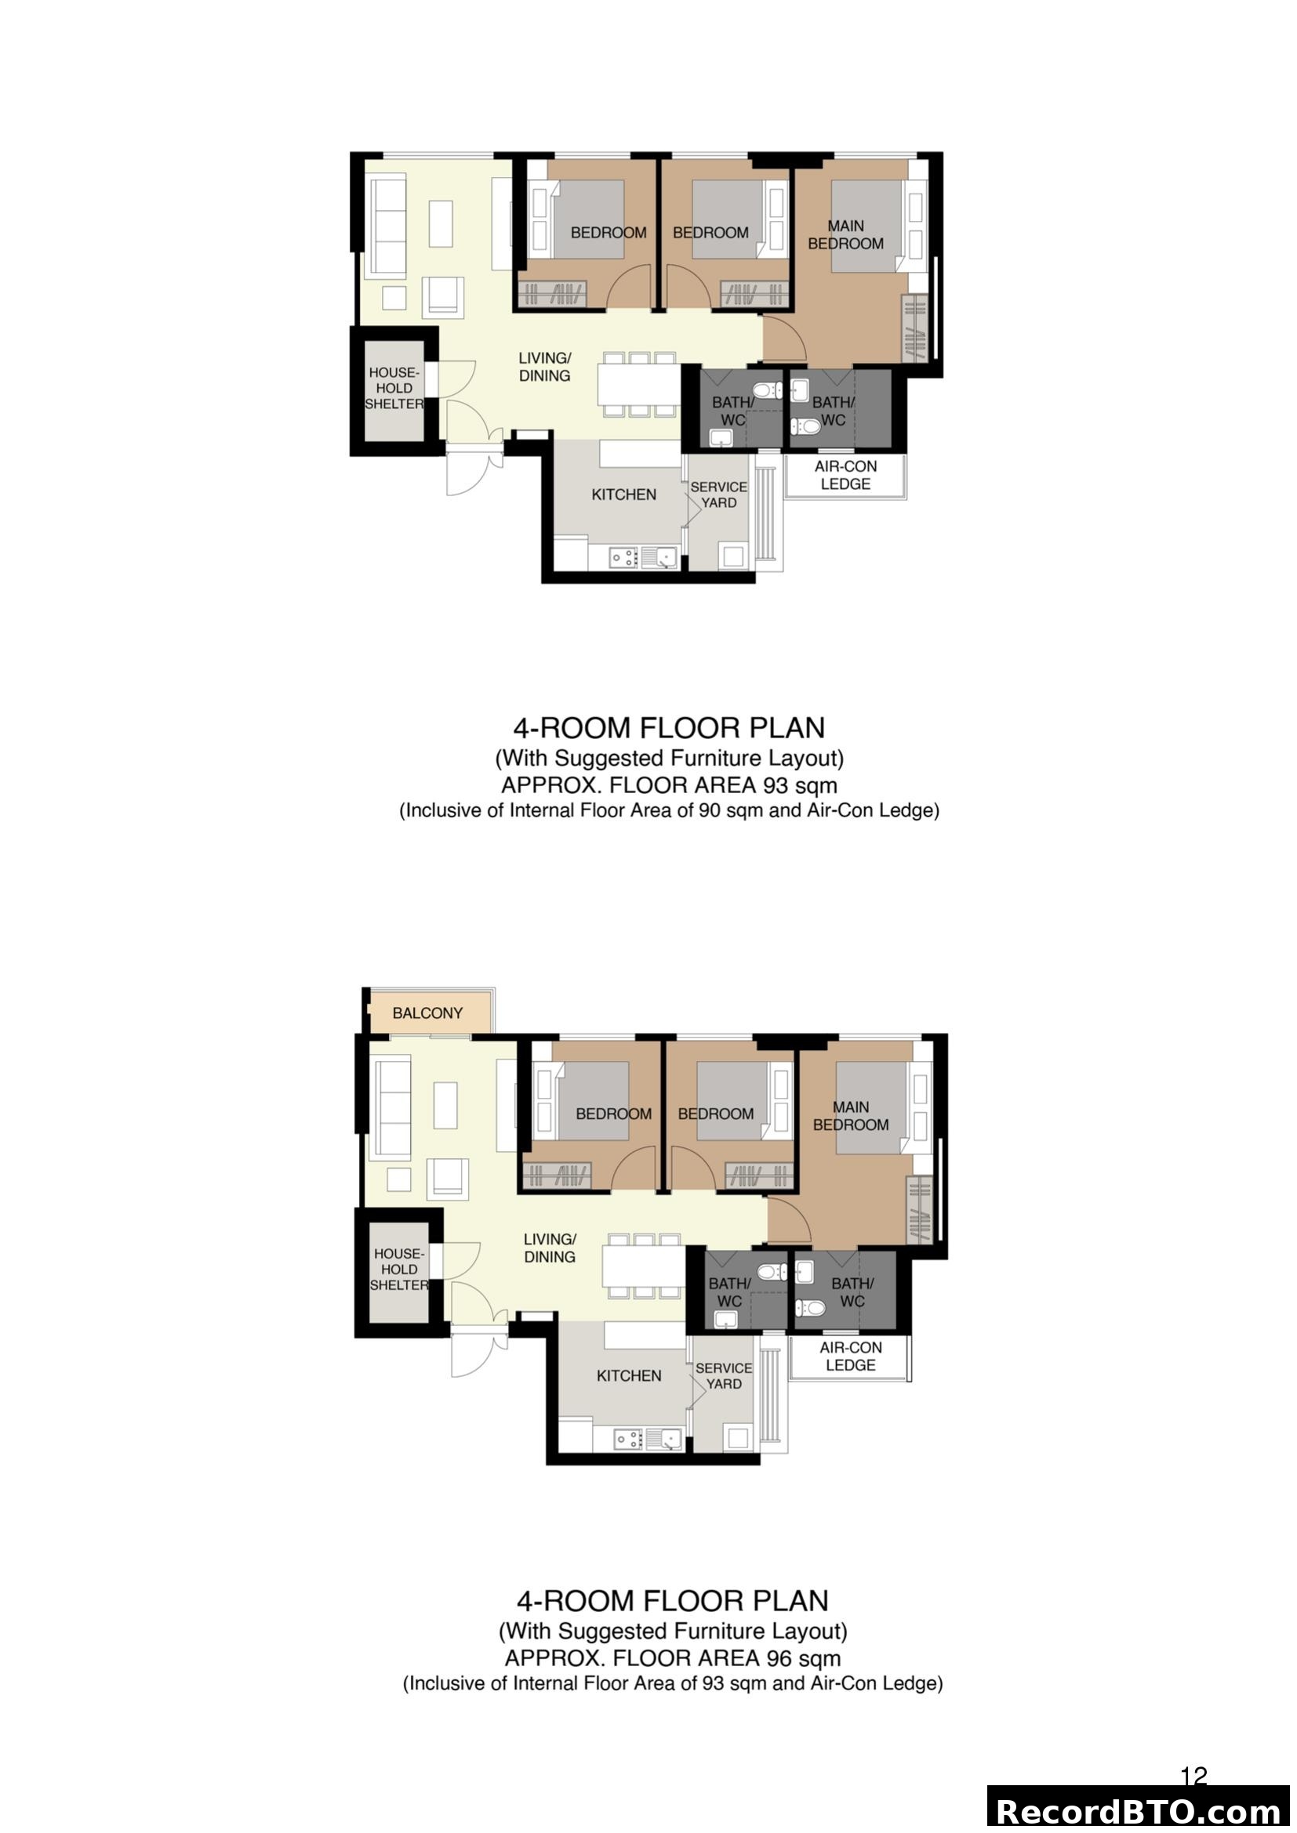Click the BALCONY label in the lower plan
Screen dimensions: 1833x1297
[x=427, y=1013]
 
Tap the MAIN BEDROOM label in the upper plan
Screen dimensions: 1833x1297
[x=845, y=235]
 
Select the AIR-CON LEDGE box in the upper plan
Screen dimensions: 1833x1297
[x=845, y=476]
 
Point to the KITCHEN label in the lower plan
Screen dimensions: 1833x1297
[x=629, y=1375]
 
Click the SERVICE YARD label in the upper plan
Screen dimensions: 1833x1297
[x=718, y=494]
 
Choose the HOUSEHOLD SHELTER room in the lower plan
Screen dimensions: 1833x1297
[x=398, y=1270]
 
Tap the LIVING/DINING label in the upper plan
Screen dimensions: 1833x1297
[x=545, y=367]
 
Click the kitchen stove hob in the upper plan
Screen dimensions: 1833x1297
[x=623, y=557]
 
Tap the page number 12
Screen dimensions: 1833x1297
[x=1193, y=1776]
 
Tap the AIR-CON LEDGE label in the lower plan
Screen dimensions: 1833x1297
[x=850, y=1357]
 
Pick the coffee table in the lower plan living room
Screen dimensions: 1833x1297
[x=445, y=1105]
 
